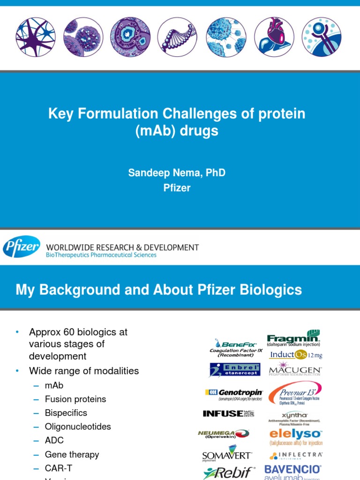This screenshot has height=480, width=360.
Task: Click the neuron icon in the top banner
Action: pos(36,37)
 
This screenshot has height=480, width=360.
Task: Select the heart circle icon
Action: pos(274,37)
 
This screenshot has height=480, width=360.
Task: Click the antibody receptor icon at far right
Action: pos(322,37)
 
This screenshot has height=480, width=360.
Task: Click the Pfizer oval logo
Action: pos(22,247)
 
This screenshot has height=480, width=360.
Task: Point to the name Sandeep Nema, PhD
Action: pos(177,173)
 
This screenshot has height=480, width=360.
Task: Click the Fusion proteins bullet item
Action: pos(75,399)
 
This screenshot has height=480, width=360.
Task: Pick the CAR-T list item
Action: pos(59,468)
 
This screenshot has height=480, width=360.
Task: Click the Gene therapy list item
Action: pos(72,454)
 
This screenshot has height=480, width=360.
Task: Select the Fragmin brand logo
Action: pos(294,338)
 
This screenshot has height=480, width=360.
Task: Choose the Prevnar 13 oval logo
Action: pos(295,392)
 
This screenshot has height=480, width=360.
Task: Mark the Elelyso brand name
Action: pos(295,434)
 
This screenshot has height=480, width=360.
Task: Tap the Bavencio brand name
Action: pos(293,469)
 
